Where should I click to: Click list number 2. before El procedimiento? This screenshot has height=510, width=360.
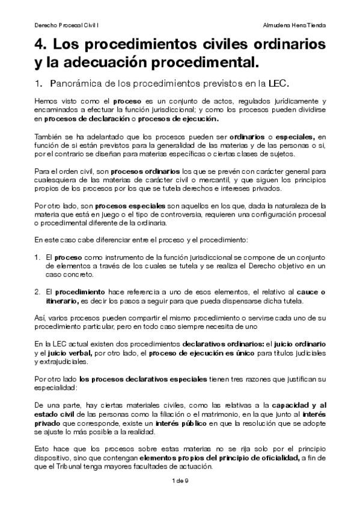pos(37,292)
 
